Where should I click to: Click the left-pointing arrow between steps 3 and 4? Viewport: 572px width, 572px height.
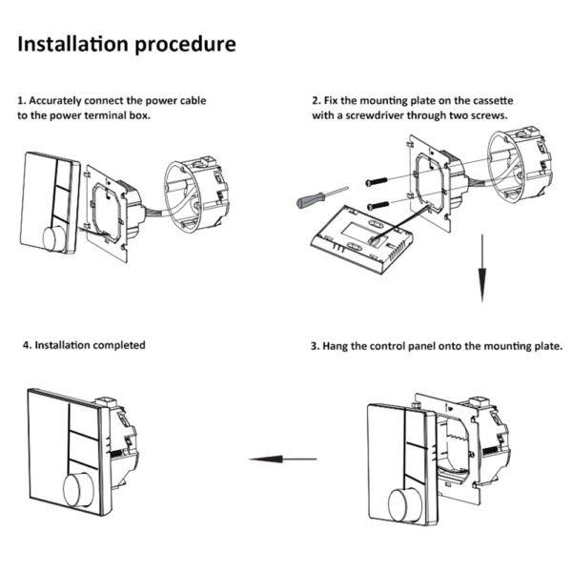283,460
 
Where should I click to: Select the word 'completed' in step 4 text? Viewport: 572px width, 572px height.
119,344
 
